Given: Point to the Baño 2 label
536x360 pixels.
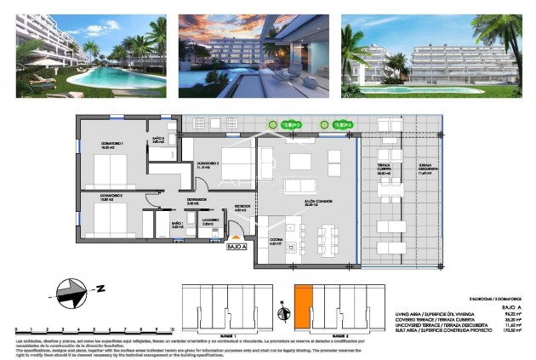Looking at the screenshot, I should point(159,140).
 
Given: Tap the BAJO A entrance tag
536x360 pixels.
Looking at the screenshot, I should point(237,248).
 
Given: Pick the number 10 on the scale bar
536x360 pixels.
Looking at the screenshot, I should point(171,328).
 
